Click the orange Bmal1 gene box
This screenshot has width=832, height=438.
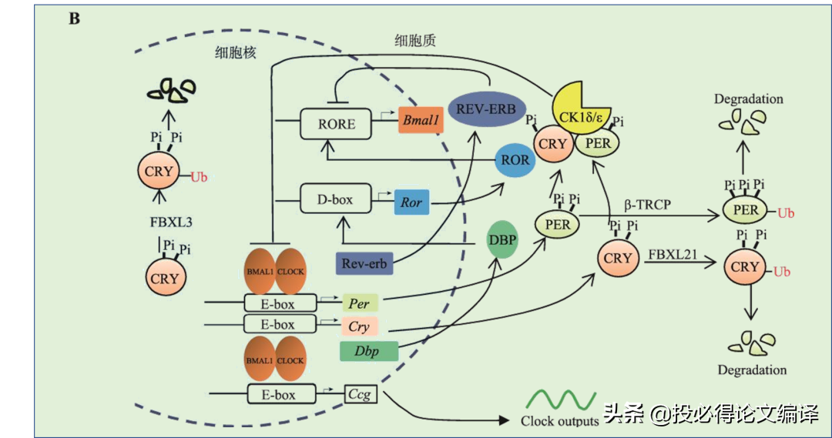click(x=421, y=120)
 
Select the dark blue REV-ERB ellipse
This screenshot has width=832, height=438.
click(x=485, y=108)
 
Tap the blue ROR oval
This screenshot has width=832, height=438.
click(x=515, y=159)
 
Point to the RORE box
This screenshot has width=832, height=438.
click(x=337, y=123)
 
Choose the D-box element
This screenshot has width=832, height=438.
click(x=336, y=199)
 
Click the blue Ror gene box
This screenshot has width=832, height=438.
click(x=411, y=202)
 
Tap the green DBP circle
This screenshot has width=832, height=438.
click(x=502, y=239)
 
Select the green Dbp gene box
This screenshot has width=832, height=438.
click(x=368, y=351)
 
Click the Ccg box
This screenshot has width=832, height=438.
click(x=360, y=395)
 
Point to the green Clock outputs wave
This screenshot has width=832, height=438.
click(x=562, y=400)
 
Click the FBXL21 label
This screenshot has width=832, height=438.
click(x=673, y=253)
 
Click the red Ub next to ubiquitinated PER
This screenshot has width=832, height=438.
click(x=786, y=212)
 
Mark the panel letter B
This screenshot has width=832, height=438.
click(x=74, y=18)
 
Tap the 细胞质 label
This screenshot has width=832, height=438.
click(x=414, y=40)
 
